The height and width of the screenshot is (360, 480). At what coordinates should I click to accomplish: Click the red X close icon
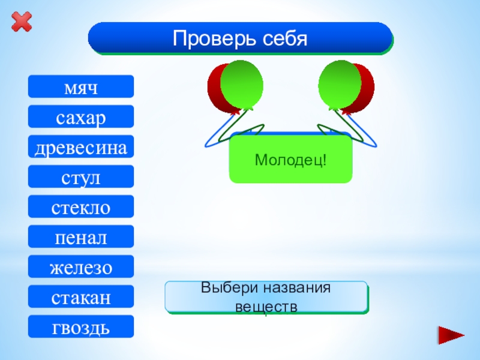click(22, 23)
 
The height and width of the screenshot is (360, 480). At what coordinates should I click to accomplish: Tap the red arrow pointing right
click(451, 334)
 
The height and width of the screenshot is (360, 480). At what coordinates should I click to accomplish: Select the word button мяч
click(81, 87)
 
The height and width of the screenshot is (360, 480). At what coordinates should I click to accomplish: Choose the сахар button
click(81, 117)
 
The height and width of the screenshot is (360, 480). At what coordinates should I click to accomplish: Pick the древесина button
click(81, 147)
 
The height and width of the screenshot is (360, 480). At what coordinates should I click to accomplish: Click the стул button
click(81, 177)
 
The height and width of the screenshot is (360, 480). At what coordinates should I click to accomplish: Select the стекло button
click(81, 207)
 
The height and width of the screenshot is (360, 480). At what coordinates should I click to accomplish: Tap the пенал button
click(81, 237)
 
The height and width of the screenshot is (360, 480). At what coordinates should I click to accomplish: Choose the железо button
click(81, 267)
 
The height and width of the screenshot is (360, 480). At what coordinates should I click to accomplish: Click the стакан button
click(81, 297)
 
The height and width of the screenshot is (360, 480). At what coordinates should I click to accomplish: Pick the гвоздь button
click(81, 327)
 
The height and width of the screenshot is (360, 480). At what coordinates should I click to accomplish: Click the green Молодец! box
click(290, 160)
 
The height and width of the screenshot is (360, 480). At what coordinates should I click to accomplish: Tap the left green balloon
click(242, 84)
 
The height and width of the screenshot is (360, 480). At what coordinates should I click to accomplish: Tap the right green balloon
click(339, 84)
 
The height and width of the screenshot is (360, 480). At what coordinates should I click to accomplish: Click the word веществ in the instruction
click(266, 306)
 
